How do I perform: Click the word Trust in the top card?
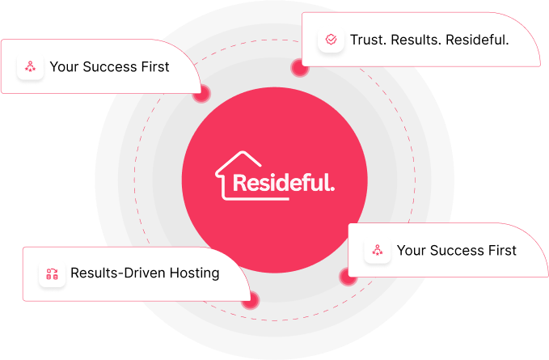[x=368, y=40]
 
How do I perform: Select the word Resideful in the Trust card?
[x=479, y=40]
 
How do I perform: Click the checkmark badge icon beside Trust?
[x=331, y=40]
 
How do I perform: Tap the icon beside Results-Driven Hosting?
[x=52, y=274]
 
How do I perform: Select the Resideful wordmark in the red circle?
[x=281, y=183]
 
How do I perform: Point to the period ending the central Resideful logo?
[x=332, y=189]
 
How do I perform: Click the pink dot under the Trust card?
[x=300, y=69]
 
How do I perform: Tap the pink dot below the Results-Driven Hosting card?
[x=251, y=299]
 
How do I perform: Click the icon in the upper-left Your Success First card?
[x=30, y=67]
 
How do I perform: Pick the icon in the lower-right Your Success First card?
[x=377, y=251]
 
